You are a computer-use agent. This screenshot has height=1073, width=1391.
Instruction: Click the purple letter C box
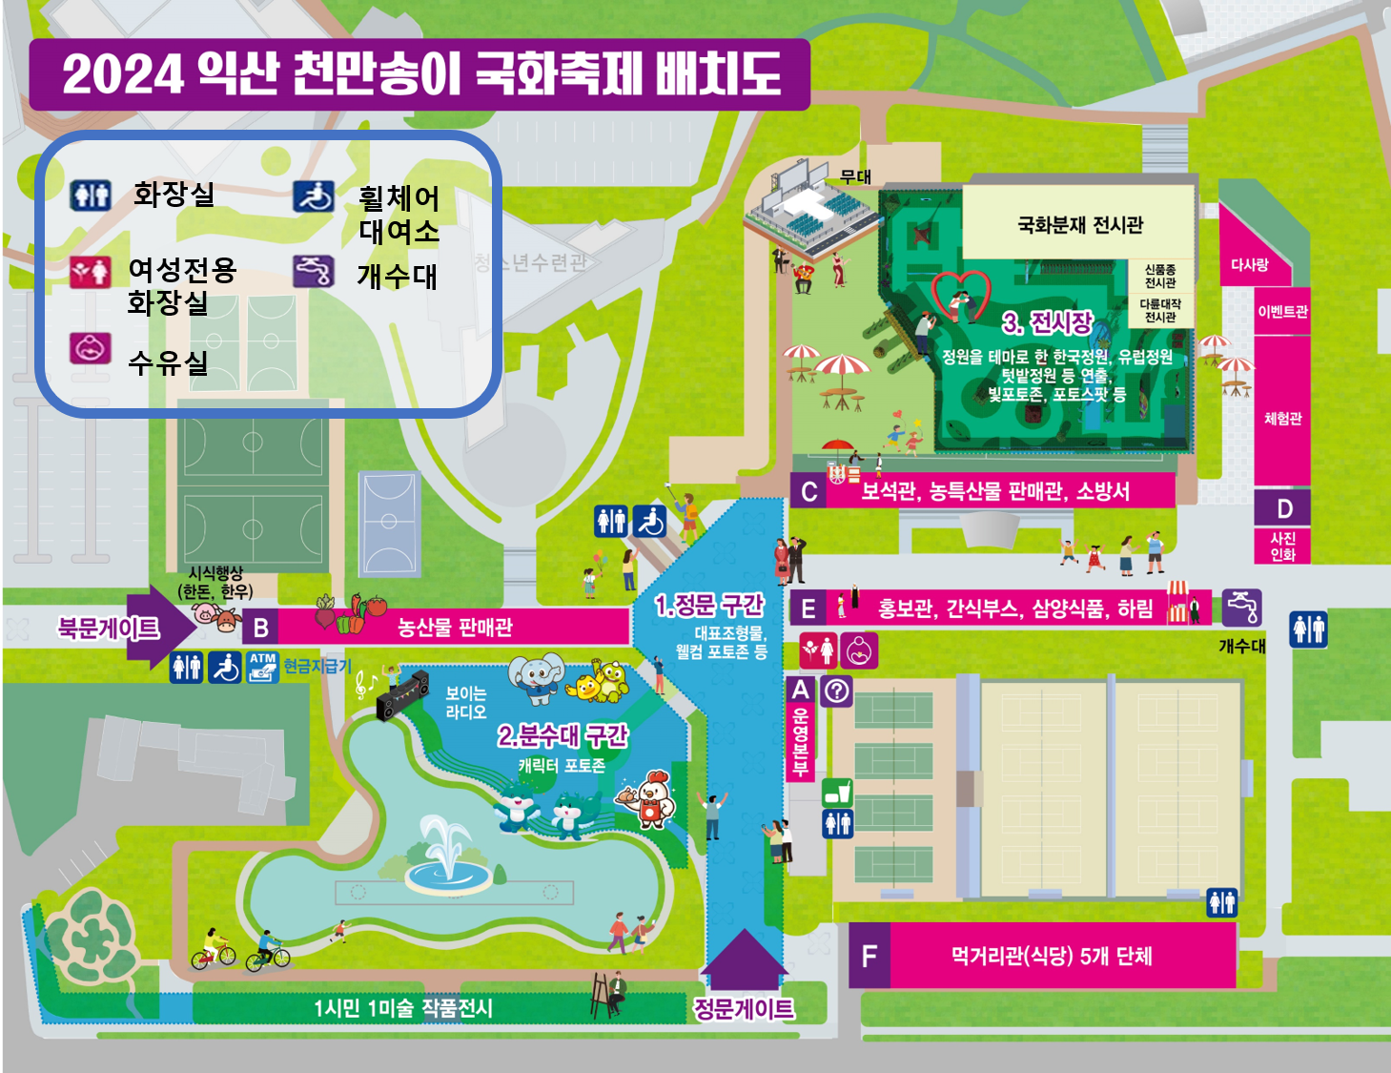(808, 491)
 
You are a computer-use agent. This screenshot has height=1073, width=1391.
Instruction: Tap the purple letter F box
(869, 957)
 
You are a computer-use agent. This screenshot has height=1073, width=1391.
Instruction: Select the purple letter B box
(260, 628)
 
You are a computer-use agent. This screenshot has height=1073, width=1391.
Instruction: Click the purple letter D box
(1283, 508)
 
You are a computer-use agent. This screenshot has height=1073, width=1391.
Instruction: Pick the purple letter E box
(808, 609)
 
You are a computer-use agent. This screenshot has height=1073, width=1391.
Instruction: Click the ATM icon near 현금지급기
(262, 667)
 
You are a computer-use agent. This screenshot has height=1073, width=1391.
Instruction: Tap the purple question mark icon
(837, 690)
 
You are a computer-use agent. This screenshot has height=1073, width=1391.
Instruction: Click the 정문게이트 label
(744, 1008)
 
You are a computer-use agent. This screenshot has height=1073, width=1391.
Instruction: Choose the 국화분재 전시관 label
(1079, 225)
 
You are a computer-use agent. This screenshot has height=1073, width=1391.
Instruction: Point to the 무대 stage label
(855, 177)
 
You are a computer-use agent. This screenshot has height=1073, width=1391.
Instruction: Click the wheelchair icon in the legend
(313, 196)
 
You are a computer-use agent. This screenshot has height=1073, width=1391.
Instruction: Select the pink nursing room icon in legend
(91, 349)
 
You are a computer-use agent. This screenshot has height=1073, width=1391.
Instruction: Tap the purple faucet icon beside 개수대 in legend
(313, 272)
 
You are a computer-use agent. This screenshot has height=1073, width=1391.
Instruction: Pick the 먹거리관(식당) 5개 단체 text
(1052, 956)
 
